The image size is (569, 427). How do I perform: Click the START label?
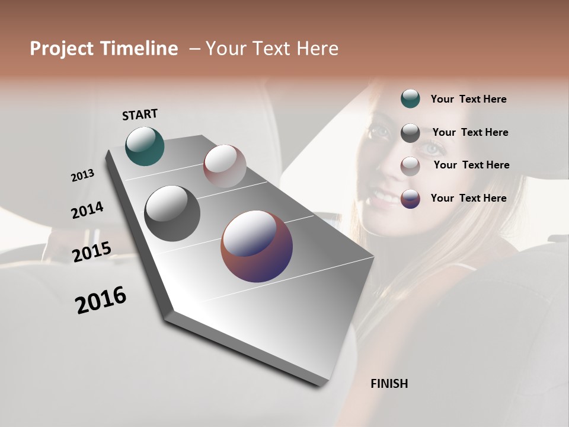tap(140, 114)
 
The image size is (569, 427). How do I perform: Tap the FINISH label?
tap(389, 384)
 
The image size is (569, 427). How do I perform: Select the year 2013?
tap(82, 176)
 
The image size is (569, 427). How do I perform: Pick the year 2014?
tap(87, 211)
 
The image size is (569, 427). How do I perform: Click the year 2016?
tap(101, 300)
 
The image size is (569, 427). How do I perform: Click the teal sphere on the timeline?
tap(145, 146)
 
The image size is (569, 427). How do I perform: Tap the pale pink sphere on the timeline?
tap(225, 166)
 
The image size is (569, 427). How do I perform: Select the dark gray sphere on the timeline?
tap(172, 213)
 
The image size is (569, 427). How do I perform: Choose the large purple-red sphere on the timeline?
tap(257, 246)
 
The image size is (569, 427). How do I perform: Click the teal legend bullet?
tap(410, 99)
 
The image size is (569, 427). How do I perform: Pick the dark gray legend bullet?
tap(410, 133)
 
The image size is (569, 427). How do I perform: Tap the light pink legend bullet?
tap(410, 165)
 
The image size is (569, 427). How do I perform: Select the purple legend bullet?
tap(410, 199)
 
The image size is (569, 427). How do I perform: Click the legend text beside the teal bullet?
tap(468, 100)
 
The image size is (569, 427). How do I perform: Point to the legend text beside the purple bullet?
tap(468, 198)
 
